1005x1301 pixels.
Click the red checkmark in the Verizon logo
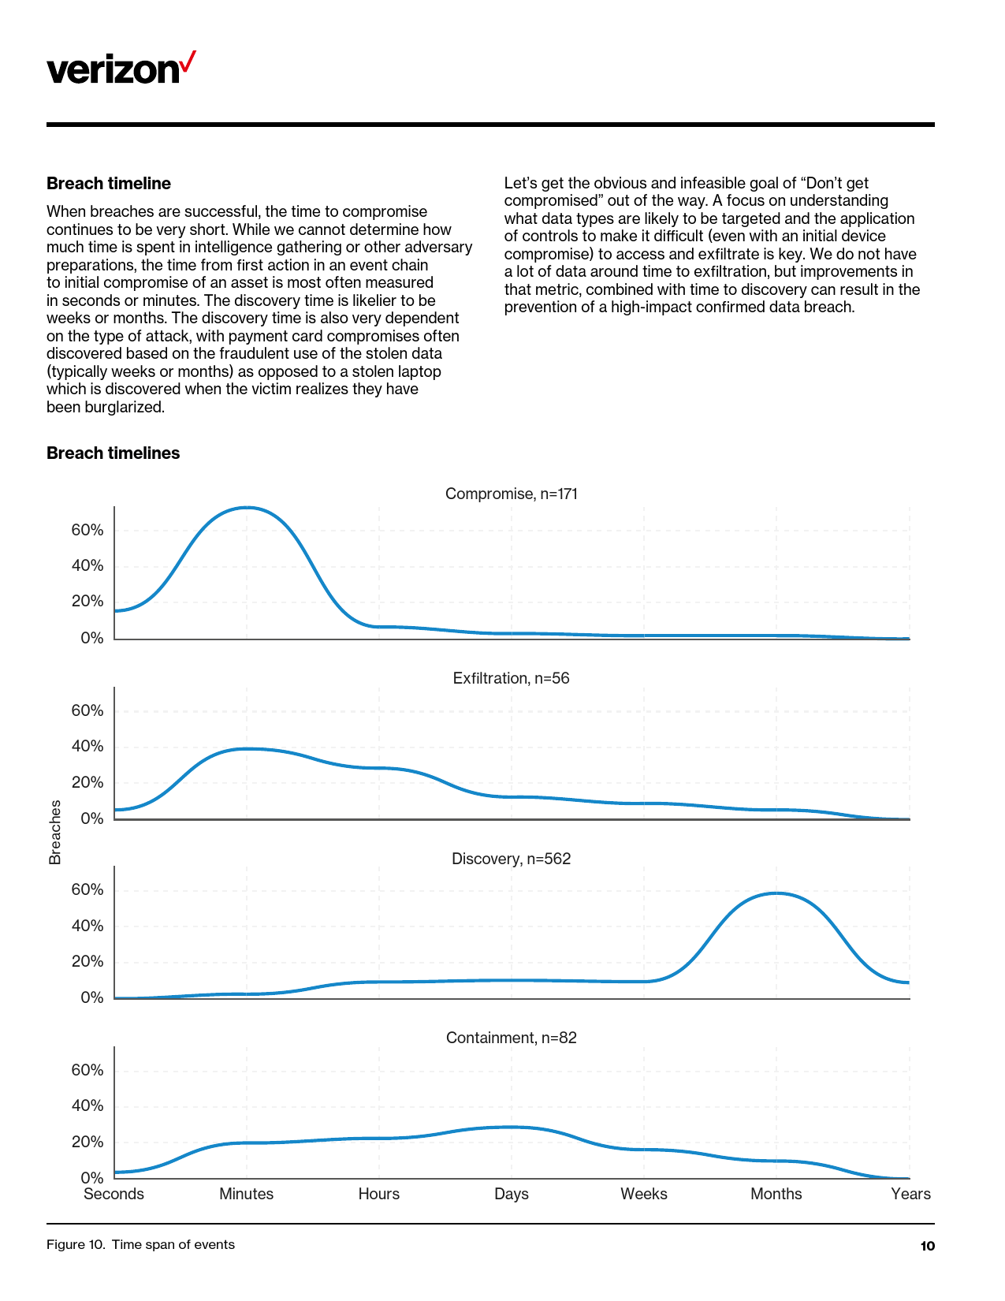[188, 62]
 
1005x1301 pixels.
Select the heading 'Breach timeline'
[109, 184]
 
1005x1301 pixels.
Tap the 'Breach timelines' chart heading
[113, 453]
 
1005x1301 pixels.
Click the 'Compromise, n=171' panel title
[511, 494]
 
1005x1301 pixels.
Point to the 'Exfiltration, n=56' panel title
[511, 679]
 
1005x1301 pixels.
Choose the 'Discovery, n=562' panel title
[511, 859]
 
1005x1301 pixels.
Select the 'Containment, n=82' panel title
[511, 1038]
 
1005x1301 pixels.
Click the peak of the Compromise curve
[247, 507]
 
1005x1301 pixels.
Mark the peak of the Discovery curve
[776, 893]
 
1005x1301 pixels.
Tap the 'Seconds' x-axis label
[114, 1194]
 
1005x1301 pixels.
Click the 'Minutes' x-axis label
[247, 1194]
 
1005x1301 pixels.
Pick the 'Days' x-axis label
[512, 1194]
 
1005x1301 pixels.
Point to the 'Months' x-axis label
[776, 1194]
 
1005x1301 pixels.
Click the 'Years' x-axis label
[910, 1194]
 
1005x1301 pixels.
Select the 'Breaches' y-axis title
[55, 832]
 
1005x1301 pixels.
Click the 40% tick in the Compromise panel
[87, 566]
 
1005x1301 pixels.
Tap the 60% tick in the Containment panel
[87, 1070]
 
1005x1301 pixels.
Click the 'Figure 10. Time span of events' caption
[140, 1245]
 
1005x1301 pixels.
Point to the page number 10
[927, 1246]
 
